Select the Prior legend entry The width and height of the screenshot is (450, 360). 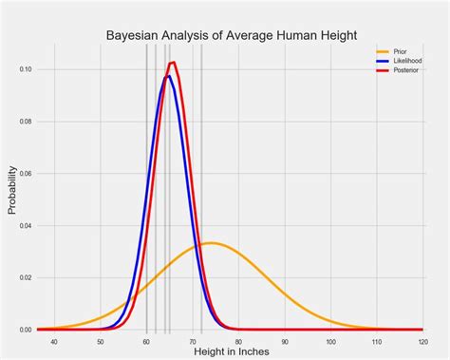click(x=400, y=50)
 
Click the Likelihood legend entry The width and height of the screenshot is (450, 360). click(x=405, y=60)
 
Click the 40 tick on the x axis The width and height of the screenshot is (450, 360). click(x=54, y=341)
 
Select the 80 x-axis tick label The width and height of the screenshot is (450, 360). click(x=238, y=341)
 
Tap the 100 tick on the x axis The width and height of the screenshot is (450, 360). click(x=329, y=341)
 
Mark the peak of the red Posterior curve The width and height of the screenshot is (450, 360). click(x=173, y=63)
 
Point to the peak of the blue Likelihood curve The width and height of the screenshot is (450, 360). click(x=168, y=76)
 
